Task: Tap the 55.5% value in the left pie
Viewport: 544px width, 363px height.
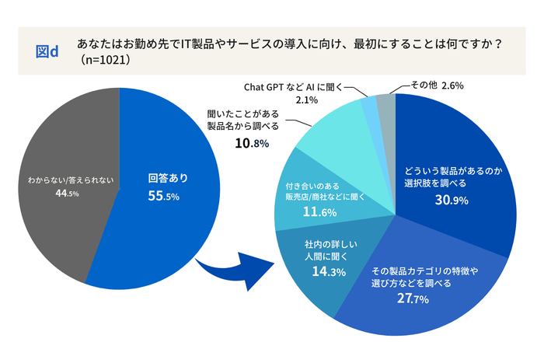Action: click(164, 197)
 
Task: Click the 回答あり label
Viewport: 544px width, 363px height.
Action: click(168, 178)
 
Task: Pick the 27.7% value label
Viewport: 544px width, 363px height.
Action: click(413, 299)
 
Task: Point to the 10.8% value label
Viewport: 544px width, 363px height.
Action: click(252, 143)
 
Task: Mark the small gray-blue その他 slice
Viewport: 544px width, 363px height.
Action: click(386, 106)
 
